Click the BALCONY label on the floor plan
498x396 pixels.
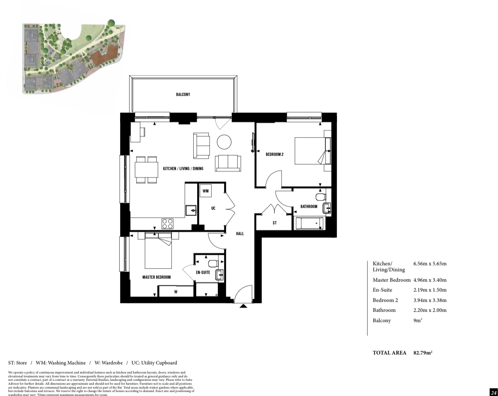point(183,94)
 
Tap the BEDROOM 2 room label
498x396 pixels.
point(274,154)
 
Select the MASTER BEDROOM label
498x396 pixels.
point(156,277)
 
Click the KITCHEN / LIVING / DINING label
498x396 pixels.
point(183,168)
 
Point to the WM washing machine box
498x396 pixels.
point(206,190)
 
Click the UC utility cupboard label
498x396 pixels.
point(213,208)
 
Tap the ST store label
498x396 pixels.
point(275,223)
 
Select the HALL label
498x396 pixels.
point(240,234)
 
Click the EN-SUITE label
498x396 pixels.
point(203,273)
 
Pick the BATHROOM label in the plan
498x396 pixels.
point(309,206)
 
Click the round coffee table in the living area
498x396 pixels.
point(224,142)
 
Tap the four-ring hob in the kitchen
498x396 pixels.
point(167,223)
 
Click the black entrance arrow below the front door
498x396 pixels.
point(244,306)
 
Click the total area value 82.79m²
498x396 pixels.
point(423,352)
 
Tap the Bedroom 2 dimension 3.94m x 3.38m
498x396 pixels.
point(430,300)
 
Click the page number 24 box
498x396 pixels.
point(493,392)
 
